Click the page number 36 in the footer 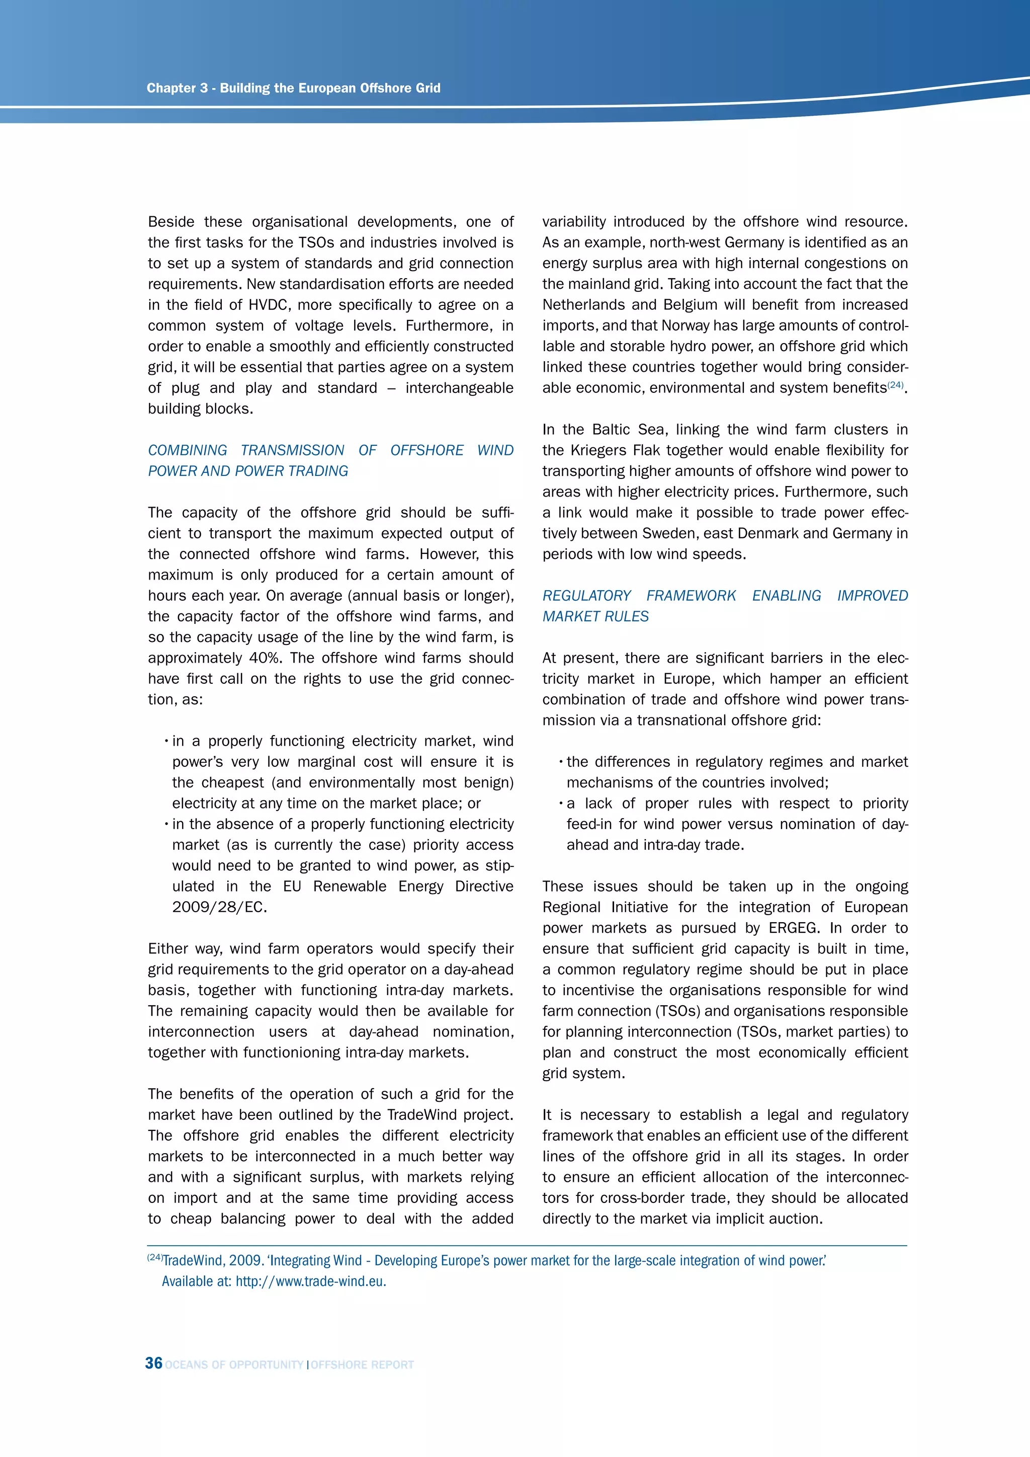[x=153, y=1363]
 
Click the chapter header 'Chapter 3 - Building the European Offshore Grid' [x=293, y=88]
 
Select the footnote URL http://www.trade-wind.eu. [x=311, y=1281]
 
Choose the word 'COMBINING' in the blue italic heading [x=187, y=451]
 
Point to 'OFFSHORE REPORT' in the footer [x=362, y=1365]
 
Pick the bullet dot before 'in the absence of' [x=165, y=824]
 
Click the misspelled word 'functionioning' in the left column [x=289, y=1053]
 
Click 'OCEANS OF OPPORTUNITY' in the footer [x=234, y=1365]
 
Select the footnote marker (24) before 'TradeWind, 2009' [x=155, y=1258]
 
